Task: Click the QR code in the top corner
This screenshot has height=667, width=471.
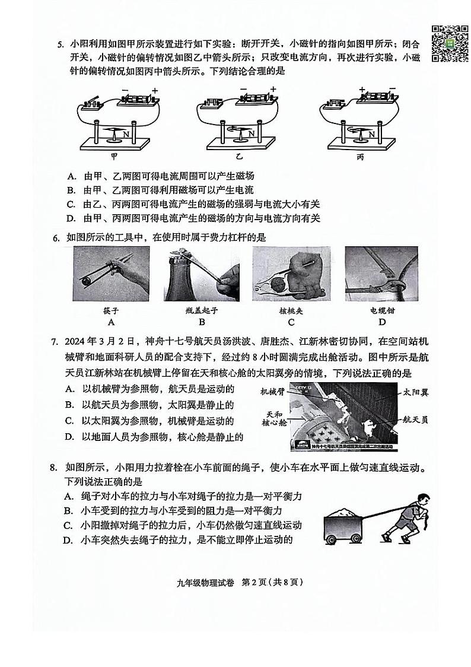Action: pyautogui.click(x=445, y=43)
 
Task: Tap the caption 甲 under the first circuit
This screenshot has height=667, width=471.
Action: pyautogui.click(x=114, y=157)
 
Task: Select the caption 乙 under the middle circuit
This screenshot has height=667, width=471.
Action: pyautogui.click(x=239, y=157)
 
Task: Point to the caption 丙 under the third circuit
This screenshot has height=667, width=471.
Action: pyautogui.click(x=361, y=157)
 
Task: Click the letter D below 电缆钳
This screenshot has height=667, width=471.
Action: pyautogui.click(x=382, y=322)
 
